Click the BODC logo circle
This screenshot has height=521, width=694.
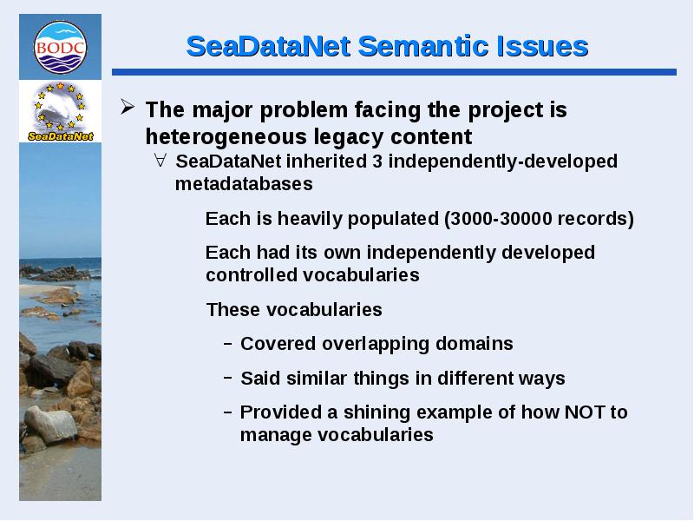tap(60, 47)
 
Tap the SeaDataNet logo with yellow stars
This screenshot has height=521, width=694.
tap(60, 111)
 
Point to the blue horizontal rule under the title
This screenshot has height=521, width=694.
tap(394, 72)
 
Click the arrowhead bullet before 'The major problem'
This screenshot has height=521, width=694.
tap(128, 107)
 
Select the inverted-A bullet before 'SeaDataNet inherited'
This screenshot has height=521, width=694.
tap(160, 160)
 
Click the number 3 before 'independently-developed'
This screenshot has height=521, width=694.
tap(377, 162)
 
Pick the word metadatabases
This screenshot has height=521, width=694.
tap(244, 184)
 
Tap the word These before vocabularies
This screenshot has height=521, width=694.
tap(233, 310)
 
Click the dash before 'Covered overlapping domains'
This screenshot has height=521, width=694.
tap(228, 344)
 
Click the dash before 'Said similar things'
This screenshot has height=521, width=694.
tap(228, 378)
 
